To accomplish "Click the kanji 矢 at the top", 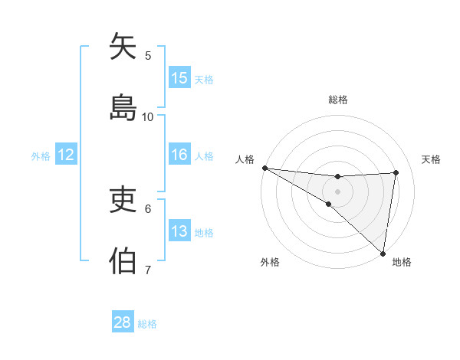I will pos(123,47).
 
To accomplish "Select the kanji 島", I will pos(123,107).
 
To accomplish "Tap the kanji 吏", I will pos(123,201).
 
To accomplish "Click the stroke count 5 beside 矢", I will pos(148,55).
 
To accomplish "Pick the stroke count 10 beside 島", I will pos(148,116).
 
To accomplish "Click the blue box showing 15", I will pos(179,78).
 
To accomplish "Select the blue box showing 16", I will pos(179,155).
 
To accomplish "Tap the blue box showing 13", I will pos(179,231).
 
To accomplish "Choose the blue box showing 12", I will pos(66,155).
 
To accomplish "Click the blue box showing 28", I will pos(123,322).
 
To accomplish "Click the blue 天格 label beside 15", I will pos(204,79).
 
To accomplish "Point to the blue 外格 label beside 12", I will pos(41,155).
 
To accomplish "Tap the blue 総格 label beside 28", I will pos(147,323).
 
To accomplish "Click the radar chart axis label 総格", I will pos(338,100).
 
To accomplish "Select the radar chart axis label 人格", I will pos(245,159).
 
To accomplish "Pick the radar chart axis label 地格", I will pos(402,262).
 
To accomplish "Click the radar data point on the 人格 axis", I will pos(264,168).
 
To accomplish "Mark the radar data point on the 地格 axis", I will pos(383,252).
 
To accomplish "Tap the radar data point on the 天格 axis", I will pos(396,172).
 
